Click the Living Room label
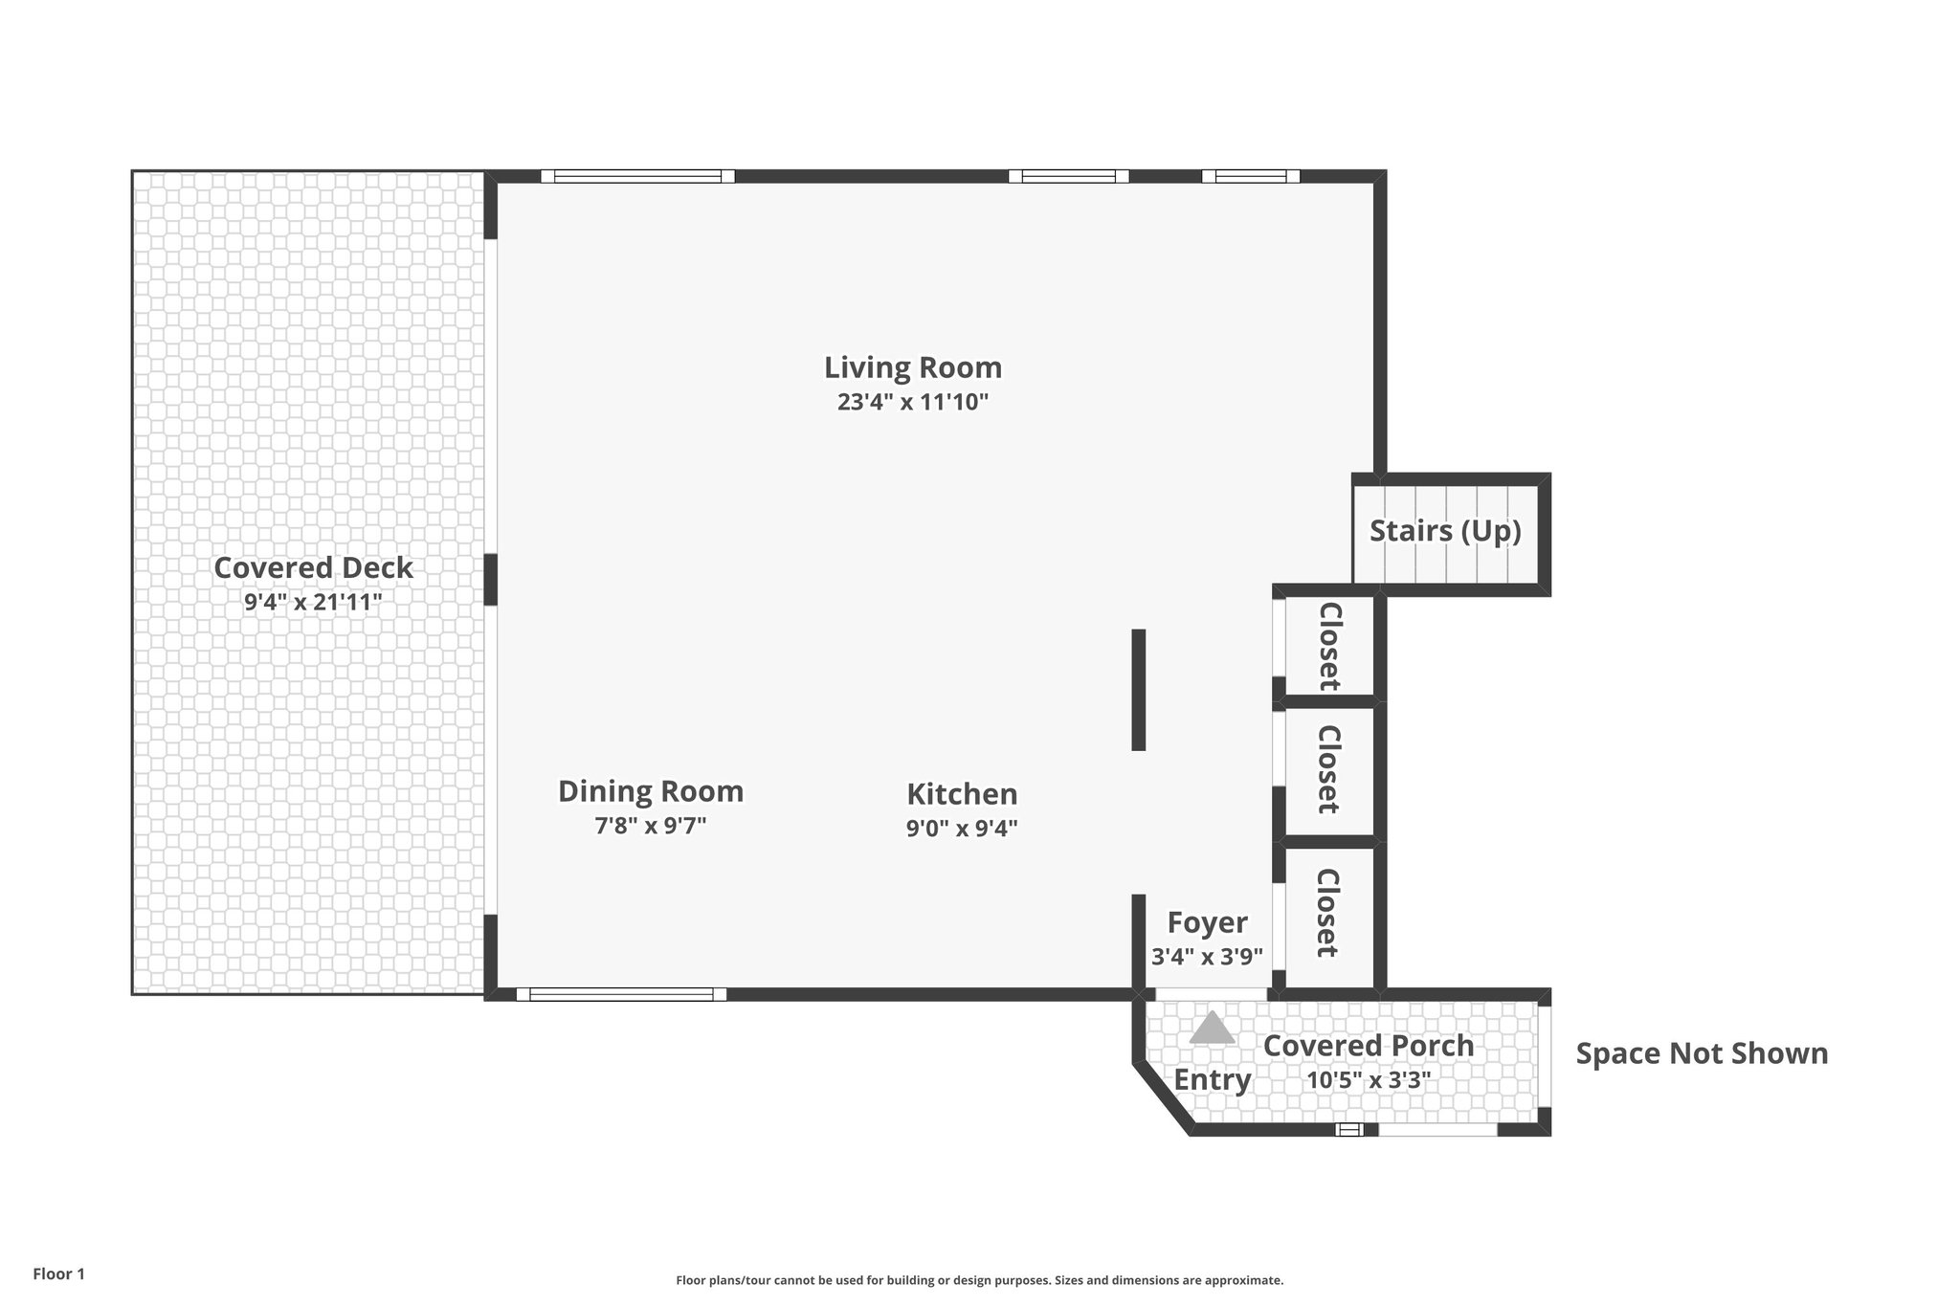(913, 367)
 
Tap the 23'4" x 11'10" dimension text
(912, 402)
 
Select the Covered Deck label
(313, 568)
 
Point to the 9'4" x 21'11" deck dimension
(313, 602)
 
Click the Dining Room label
(651, 792)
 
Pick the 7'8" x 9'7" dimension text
(651, 826)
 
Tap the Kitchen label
(962, 794)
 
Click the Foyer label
(1207, 923)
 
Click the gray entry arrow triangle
(1213, 1029)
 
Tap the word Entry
(1213, 1080)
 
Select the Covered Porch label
(1369, 1046)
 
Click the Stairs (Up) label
(1445, 531)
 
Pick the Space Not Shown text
(1702, 1053)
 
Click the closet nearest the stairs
(1328, 645)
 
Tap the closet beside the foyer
(1327, 913)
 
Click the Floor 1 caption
(58, 1274)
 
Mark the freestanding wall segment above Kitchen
(1138, 689)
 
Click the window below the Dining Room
(621, 995)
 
